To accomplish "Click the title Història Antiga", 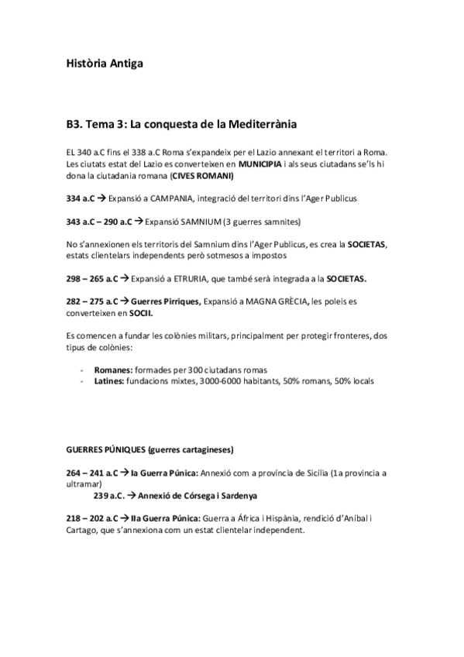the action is click(x=105, y=64).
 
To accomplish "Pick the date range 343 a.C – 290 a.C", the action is click(x=99, y=221).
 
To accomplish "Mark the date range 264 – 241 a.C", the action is click(x=91, y=472).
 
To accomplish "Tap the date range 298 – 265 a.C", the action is click(x=91, y=277).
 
